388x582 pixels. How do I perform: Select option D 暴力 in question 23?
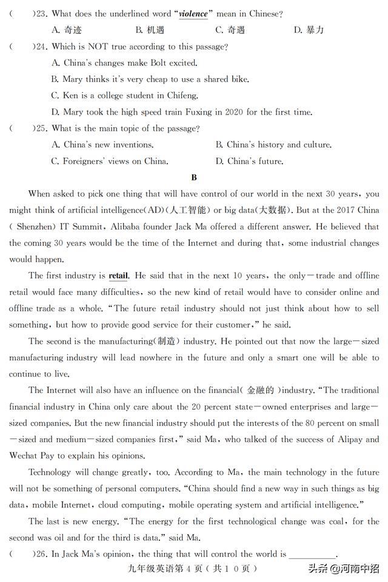click(309, 30)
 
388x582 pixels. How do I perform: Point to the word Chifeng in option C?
click(181, 96)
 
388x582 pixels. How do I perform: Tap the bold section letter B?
click(194, 177)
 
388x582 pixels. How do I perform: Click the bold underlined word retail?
click(118, 276)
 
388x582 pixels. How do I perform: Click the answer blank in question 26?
click(312, 554)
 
